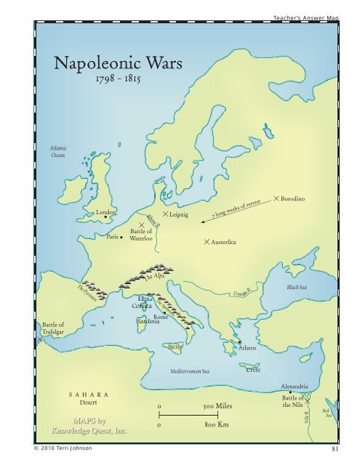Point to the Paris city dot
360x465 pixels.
click(121, 236)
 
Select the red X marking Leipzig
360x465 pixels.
click(167, 215)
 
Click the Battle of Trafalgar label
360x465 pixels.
click(52, 328)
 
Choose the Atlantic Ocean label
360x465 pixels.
click(57, 150)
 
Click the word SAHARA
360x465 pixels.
click(88, 393)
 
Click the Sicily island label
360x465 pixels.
click(175, 348)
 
